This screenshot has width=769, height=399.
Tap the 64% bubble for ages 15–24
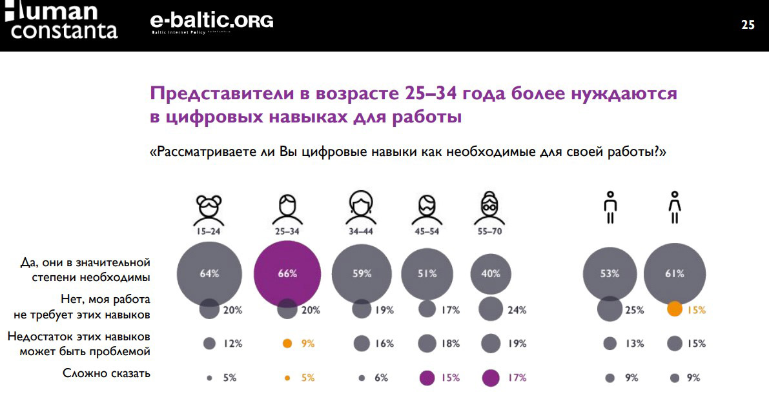click(x=209, y=273)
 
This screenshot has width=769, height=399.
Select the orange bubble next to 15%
click(x=674, y=309)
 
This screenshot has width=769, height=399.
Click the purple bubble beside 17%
click(x=491, y=377)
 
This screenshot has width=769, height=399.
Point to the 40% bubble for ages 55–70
click(x=491, y=273)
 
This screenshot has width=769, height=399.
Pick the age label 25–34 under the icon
click(x=287, y=230)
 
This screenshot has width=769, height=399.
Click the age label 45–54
click(x=426, y=230)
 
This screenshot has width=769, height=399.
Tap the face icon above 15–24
click(x=209, y=208)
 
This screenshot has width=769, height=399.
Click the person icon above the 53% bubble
click(x=610, y=208)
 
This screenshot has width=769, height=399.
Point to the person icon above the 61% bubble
click(x=674, y=208)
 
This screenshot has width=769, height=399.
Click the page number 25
click(x=748, y=26)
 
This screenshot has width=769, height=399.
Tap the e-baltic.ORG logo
click(x=211, y=22)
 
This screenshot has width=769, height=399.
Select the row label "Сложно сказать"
click(x=107, y=373)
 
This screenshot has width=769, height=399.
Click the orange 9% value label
click(x=308, y=344)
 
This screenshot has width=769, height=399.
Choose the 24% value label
click(x=517, y=310)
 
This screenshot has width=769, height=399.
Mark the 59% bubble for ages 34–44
click(x=362, y=273)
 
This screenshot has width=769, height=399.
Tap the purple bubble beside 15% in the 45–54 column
click(x=427, y=378)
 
